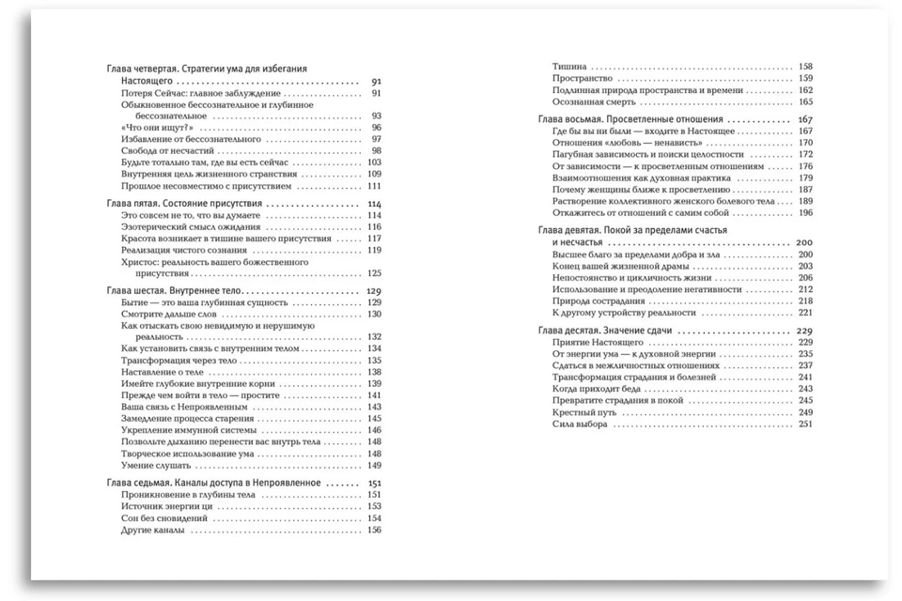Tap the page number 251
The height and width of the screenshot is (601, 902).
pos(804,424)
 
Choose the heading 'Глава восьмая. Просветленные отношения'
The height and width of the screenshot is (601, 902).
pos(630,120)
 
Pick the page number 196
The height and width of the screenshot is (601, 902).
pos(804,212)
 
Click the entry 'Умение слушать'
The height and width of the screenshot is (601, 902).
pos(157,465)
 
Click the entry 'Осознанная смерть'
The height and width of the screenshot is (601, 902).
pos(595,101)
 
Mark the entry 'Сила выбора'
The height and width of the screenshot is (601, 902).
pos(580,424)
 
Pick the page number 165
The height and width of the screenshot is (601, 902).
pos(804,101)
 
